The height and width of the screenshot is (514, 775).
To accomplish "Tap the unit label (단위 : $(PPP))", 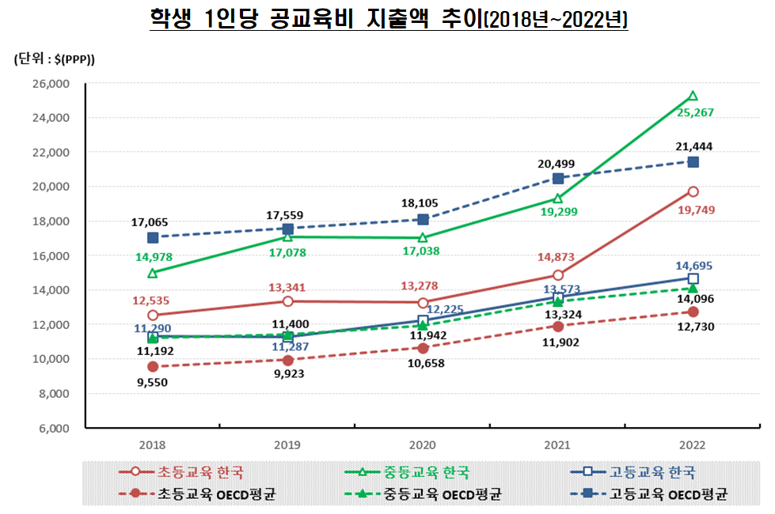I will click(54, 59).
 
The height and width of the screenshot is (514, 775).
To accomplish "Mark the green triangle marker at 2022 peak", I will click(693, 96).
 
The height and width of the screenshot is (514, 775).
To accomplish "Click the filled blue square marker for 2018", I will click(153, 237).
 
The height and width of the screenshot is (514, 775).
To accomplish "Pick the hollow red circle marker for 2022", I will click(693, 191).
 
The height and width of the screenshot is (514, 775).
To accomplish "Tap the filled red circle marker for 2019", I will click(287, 360).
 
